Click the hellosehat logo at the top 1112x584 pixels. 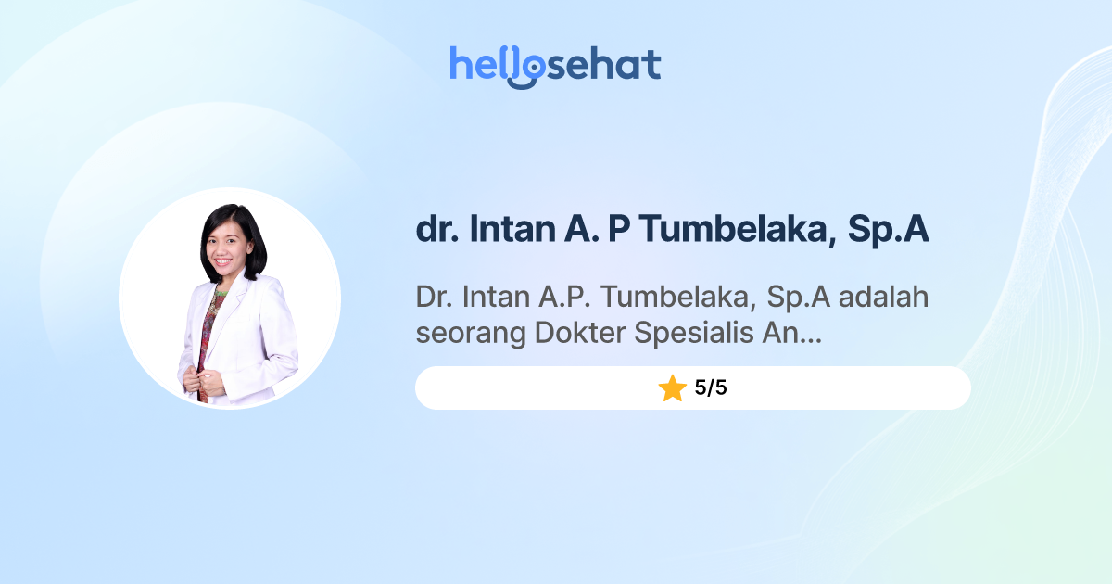[555, 65]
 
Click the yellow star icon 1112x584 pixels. [672, 388]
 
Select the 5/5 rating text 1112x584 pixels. [711, 388]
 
